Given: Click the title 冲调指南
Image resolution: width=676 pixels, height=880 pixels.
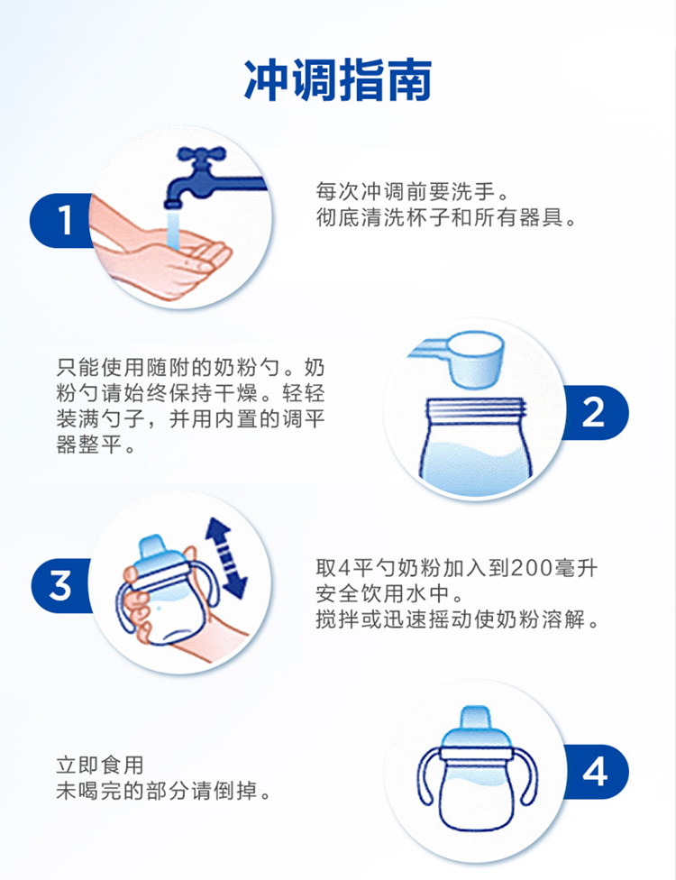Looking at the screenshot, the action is tap(338, 79).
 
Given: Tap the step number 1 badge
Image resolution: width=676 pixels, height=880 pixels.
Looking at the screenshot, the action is tap(61, 220).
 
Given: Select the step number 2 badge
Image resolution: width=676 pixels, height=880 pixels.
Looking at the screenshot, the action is tap(594, 413).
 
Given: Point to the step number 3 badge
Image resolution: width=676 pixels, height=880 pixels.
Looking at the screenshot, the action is tap(61, 585).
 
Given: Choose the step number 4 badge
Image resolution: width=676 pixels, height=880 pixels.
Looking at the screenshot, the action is tap(595, 772).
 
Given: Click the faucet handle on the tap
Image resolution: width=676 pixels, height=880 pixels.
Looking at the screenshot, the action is tap(201, 154).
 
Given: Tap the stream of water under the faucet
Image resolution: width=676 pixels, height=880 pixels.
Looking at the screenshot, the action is tap(173, 230).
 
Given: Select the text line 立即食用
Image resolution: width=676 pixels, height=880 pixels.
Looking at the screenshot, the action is tap(100, 765).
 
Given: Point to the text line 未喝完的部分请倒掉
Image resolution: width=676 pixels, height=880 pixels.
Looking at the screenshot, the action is tap(163, 791).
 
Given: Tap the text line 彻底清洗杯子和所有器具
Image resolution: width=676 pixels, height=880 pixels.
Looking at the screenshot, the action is tap(446, 218).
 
